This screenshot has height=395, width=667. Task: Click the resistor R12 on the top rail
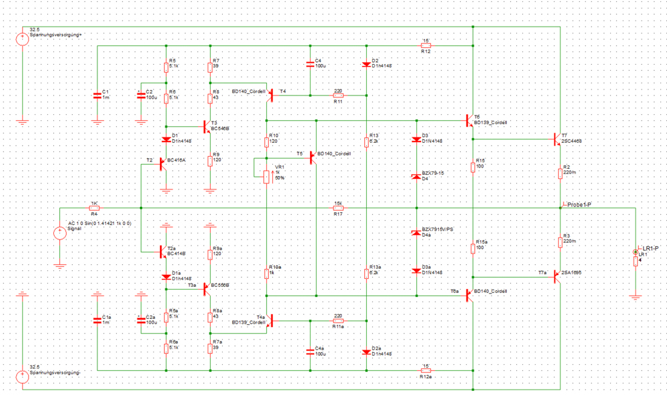[426, 45]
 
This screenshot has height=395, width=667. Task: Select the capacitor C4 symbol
[310, 64]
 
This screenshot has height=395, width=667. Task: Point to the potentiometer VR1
[267, 176]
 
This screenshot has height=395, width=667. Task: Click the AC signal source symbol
[59, 233]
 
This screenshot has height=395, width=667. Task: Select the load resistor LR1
[635, 260]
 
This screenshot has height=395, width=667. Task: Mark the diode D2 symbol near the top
[366, 65]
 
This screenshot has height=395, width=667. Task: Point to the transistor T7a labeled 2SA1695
[558, 277]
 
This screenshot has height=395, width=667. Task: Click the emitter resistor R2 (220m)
[561, 173]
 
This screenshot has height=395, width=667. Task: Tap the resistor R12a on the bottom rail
[426, 370]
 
